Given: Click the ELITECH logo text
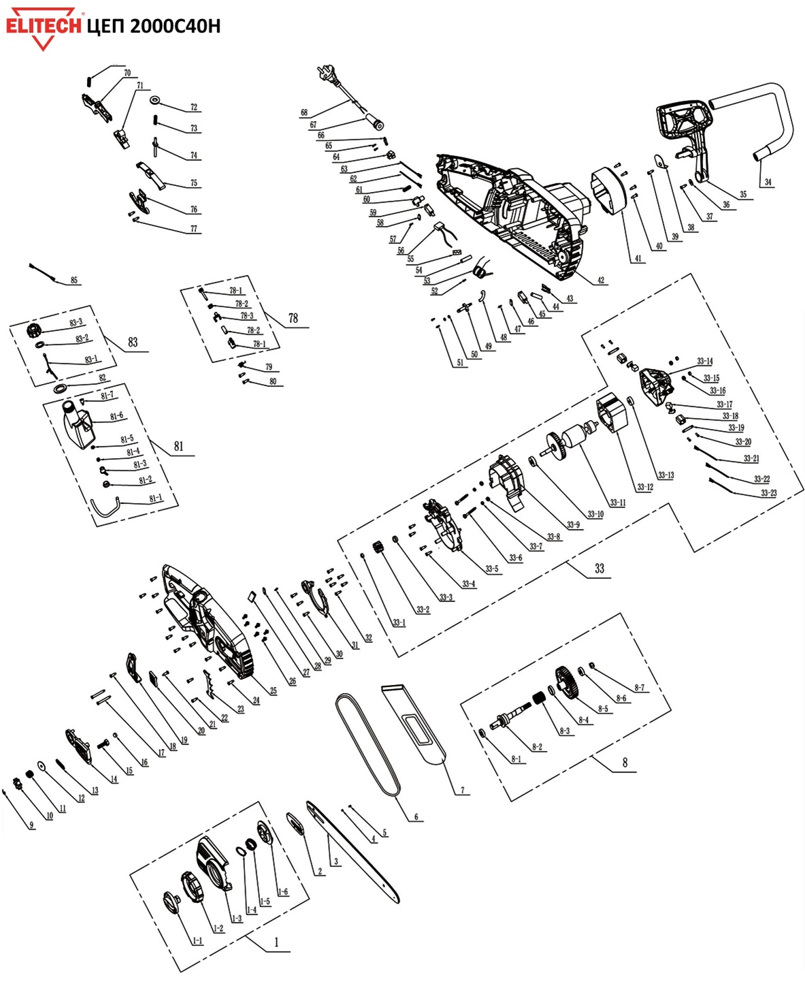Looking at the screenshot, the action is tap(44, 26).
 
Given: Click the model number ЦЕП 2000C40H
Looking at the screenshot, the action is tap(154, 27).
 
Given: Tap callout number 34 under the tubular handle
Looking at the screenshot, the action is tap(768, 182).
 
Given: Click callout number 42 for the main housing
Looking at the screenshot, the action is tap(601, 280).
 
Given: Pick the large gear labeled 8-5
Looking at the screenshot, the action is tap(568, 683).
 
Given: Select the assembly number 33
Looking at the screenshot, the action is tap(599, 569).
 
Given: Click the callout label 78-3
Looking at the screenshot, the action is tap(247, 315).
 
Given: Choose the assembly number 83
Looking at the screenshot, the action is tap(133, 343).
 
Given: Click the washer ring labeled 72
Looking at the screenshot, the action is tap(154, 100).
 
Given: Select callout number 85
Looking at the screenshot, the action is tap(73, 280).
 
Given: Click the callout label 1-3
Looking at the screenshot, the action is tap(237, 918).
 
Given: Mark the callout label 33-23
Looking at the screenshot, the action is tap(768, 493).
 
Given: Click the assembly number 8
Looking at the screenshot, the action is tap(625, 763).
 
